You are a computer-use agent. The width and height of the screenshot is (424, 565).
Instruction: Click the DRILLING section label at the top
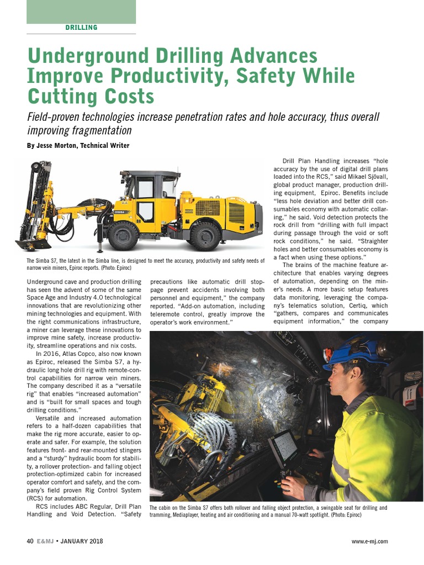pos(81,28)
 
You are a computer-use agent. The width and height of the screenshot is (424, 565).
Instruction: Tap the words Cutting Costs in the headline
pos(91,97)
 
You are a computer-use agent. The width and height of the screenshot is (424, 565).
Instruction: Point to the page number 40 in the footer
pos(30,541)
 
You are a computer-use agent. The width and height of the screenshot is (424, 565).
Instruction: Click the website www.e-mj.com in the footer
pos(369,541)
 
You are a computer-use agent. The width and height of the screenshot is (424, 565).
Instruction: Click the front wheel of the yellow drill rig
pos(123,236)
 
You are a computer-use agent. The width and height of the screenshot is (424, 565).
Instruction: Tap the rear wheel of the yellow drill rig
pos(205,236)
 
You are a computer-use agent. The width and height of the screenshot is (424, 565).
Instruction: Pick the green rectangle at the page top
pos(81,12)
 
